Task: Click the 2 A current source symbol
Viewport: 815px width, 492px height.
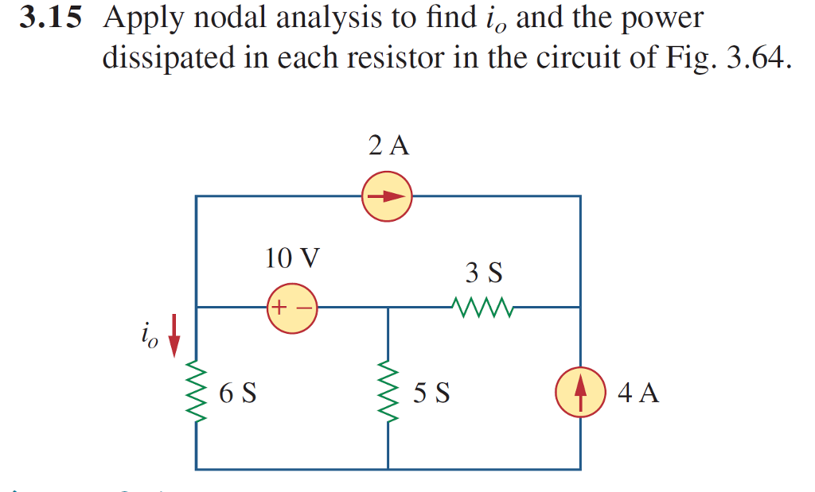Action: (387, 196)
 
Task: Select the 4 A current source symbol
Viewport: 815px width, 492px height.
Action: (580, 393)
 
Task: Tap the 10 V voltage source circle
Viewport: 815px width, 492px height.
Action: (292, 307)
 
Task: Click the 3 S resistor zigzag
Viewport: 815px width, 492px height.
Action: (482, 306)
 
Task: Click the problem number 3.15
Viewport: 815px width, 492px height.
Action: (51, 18)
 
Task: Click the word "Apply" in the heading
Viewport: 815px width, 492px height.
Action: (140, 20)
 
